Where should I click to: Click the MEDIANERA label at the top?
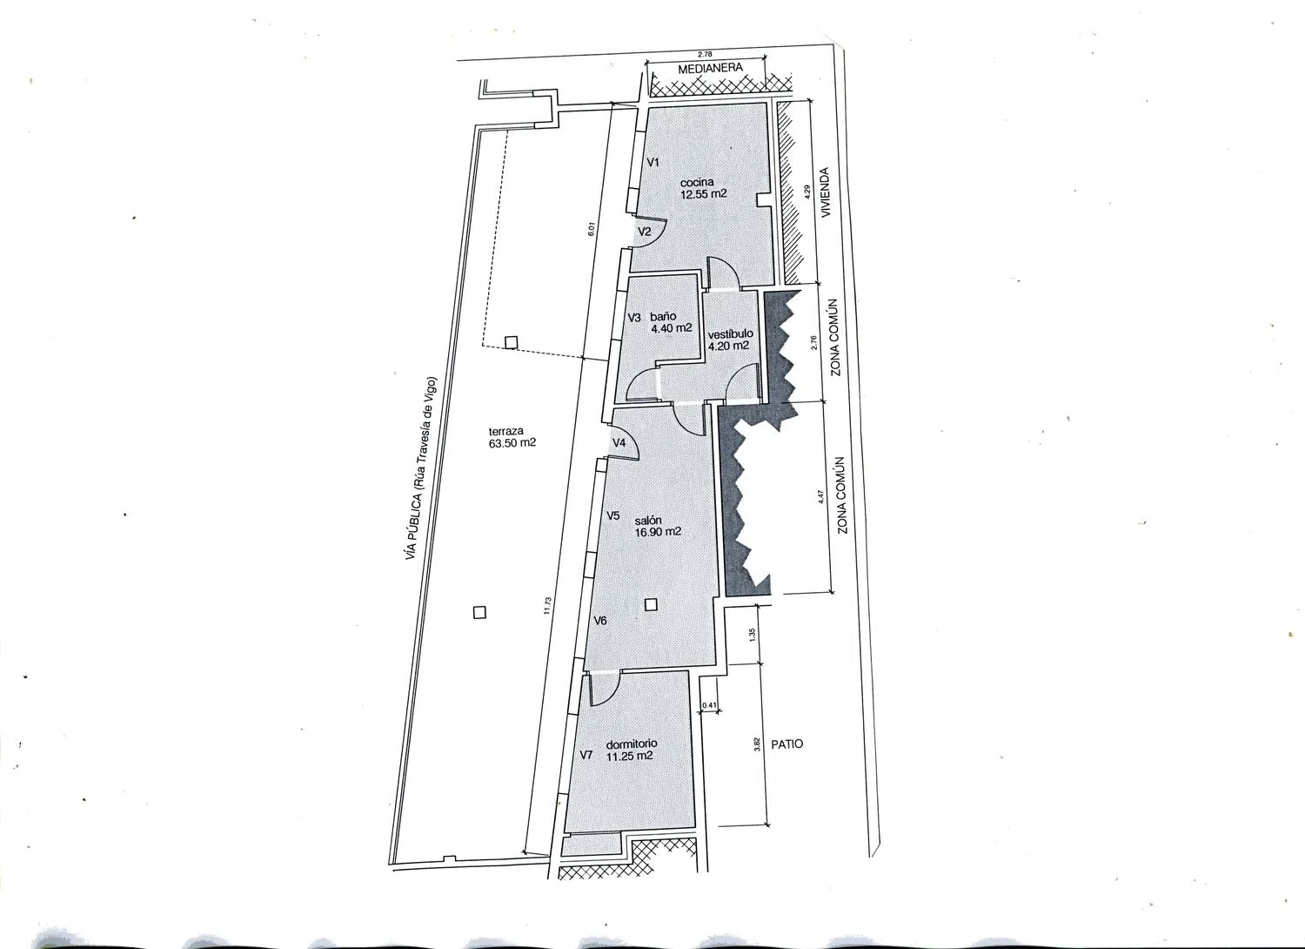[710, 68]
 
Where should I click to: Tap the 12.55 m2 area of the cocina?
[704, 194]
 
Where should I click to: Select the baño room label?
[663, 317]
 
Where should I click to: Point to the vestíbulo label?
[731, 334]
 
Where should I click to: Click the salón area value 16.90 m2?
[658, 532]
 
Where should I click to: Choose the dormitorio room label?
[632, 744]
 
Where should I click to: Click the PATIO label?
[787, 744]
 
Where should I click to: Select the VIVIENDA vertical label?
[825, 193]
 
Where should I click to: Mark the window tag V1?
[653, 163]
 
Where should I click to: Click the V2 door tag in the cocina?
[644, 232]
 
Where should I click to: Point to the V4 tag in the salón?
[619, 443]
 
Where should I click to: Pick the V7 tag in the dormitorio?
[586, 755]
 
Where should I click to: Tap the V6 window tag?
[600, 621]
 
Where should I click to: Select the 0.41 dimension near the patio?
[709, 704]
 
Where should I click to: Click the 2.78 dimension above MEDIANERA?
[705, 54]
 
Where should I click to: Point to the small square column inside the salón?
[652, 605]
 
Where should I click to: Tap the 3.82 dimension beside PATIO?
[757, 744]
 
